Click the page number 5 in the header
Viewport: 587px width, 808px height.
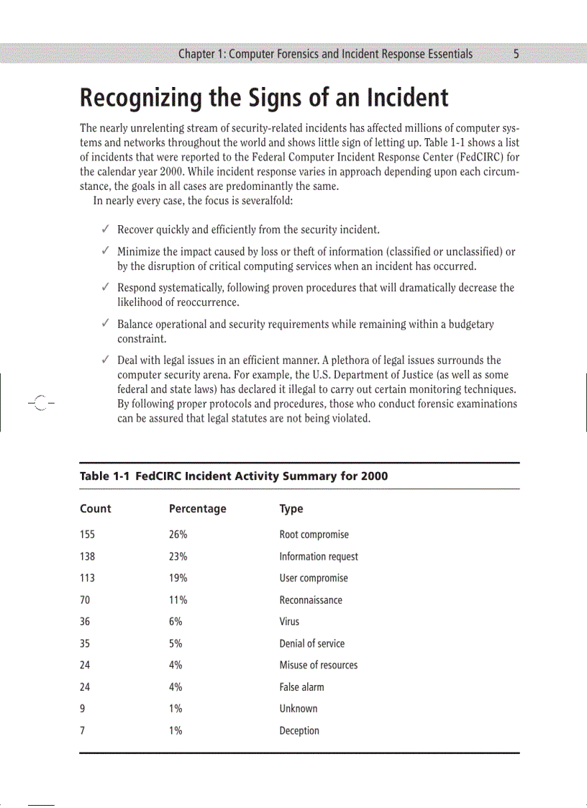click(517, 54)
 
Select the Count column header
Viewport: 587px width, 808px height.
click(95, 509)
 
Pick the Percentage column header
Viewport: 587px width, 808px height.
click(197, 509)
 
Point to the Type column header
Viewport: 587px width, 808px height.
click(291, 509)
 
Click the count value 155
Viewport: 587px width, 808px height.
click(87, 535)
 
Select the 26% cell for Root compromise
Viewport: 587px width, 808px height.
click(178, 535)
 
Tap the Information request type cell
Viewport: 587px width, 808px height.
click(318, 556)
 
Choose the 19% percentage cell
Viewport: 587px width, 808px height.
click(178, 578)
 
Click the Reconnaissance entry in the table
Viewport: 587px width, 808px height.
click(311, 600)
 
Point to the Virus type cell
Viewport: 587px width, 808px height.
click(289, 622)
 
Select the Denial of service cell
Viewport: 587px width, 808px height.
click(311, 643)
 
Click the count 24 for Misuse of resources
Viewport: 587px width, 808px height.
click(85, 665)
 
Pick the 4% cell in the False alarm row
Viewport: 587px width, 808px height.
click(176, 687)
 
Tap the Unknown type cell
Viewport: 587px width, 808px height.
click(298, 709)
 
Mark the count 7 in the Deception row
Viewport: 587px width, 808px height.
click(83, 730)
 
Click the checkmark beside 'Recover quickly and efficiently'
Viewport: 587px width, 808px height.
click(105, 230)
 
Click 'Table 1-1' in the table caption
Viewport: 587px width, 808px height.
click(105, 476)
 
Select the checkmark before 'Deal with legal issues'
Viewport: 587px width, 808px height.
click(105, 360)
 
